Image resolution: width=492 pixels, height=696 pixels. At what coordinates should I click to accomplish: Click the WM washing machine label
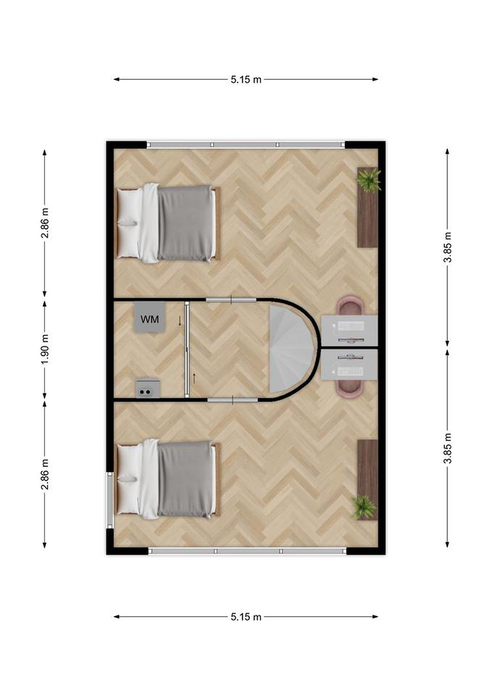[x=150, y=319]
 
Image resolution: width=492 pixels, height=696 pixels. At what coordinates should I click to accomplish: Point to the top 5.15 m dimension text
[x=246, y=80]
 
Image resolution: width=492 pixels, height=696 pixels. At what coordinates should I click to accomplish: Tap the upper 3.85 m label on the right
[x=448, y=247]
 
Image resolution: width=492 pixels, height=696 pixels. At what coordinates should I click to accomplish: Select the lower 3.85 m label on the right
[x=448, y=449]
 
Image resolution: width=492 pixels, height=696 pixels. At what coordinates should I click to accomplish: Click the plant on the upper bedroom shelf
[x=369, y=180]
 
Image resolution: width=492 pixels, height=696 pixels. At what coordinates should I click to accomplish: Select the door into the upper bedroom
[x=231, y=300]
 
